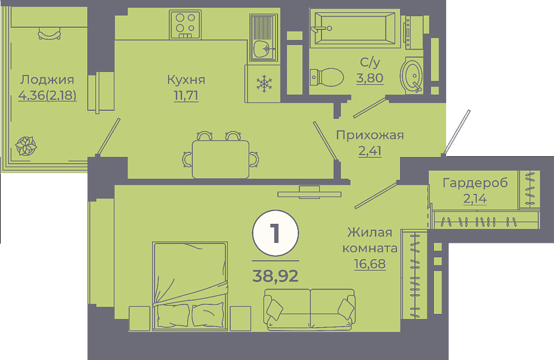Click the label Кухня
(186, 80)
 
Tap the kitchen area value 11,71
(186, 96)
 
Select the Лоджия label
(47, 80)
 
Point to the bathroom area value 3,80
(369, 78)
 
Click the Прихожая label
(369, 135)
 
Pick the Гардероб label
(475, 183)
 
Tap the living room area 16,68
(369, 264)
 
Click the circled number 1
(276, 233)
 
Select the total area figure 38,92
(276, 276)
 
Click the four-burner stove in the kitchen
(185, 24)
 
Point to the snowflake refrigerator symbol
(264, 84)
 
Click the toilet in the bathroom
(327, 77)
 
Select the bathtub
(355, 28)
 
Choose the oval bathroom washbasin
(411, 76)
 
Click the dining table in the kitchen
(221, 159)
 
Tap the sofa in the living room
(309, 310)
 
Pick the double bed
(190, 286)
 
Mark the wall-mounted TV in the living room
(309, 193)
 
